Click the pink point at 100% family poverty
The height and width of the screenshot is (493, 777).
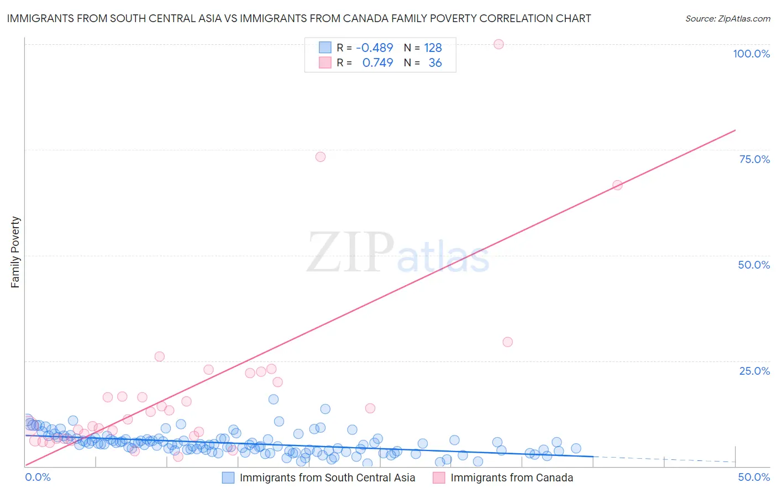coord(498,44)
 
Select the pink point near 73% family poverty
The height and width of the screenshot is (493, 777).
coord(321,157)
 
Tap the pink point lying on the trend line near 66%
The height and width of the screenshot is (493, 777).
coord(617,185)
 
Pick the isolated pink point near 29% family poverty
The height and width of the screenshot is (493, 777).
coord(507,342)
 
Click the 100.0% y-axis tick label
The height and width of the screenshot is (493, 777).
coord(751,54)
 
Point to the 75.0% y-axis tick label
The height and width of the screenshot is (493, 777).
coord(754,159)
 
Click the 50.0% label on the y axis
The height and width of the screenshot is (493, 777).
coord(754,265)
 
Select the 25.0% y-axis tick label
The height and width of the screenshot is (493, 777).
coord(754,371)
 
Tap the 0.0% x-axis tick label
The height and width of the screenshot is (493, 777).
coord(38,478)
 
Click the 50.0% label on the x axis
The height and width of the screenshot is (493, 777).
coord(754,478)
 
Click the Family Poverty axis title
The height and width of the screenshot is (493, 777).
coord(15,252)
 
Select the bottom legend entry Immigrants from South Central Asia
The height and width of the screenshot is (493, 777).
coord(327,478)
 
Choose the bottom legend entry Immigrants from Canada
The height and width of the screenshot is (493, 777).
coord(511,478)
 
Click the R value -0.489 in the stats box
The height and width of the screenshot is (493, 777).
coord(374,48)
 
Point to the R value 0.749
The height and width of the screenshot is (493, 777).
coord(377,63)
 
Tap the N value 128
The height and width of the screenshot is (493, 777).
coord(433,48)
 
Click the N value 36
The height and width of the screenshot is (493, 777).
coord(435,63)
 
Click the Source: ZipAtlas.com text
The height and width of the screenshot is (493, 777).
coord(727,19)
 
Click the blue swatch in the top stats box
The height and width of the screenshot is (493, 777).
coord(325,48)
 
